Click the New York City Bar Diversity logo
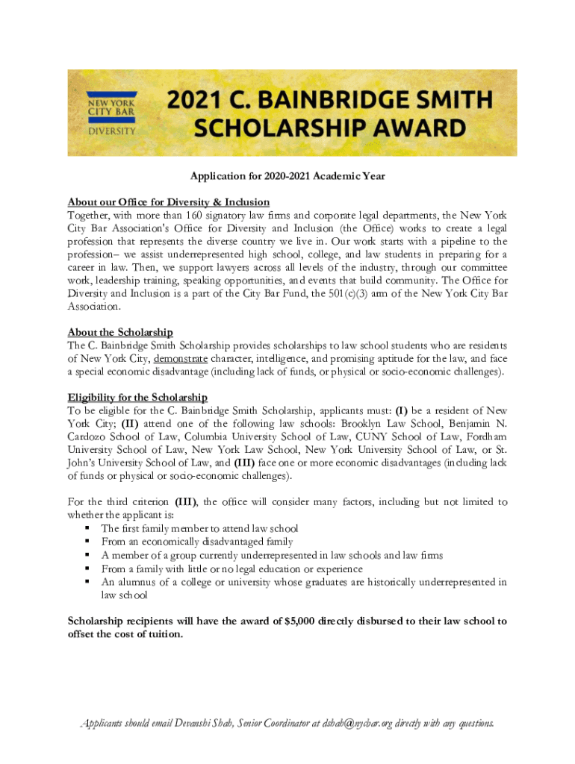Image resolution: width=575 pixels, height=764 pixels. click(x=113, y=113)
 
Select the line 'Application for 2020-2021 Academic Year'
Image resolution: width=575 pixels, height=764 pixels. click(x=287, y=176)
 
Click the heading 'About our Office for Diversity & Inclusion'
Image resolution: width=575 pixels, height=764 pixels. click(x=169, y=202)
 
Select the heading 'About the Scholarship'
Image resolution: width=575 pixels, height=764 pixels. click(x=120, y=332)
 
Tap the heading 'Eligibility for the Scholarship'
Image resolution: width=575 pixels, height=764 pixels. click(x=137, y=397)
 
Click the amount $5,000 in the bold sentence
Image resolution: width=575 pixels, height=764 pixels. click(x=302, y=621)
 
